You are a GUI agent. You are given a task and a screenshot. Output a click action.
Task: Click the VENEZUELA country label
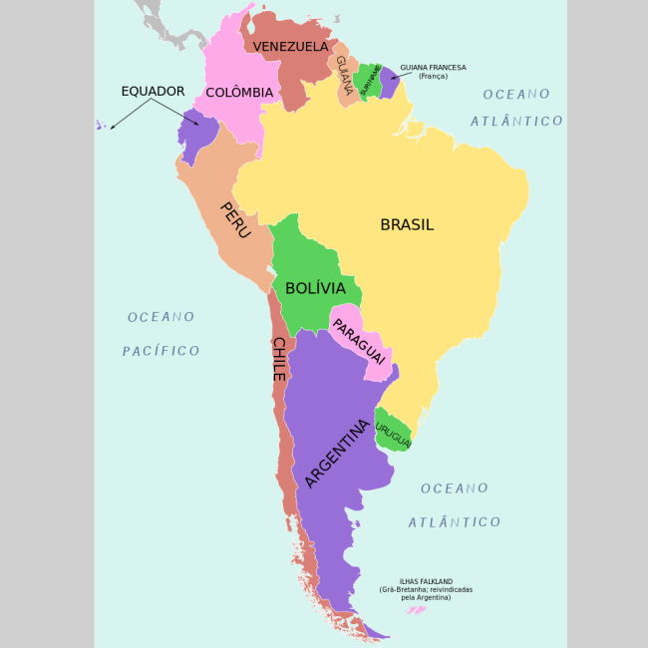click(290, 47)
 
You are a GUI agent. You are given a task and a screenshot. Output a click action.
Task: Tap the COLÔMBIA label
click(239, 93)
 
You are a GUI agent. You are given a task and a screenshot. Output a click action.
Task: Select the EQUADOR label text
click(153, 91)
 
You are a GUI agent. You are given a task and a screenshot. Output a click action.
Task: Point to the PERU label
click(235, 219)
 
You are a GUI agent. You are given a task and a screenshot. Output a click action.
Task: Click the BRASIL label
click(407, 225)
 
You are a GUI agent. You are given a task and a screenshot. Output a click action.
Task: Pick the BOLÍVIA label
click(315, 289)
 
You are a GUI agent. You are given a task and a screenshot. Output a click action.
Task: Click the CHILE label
click(279, 359)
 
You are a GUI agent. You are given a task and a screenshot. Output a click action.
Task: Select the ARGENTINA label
click(337, 454)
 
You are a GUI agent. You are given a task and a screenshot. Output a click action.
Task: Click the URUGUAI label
click(394, 428)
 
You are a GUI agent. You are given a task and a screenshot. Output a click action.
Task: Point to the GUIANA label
click(344, 75)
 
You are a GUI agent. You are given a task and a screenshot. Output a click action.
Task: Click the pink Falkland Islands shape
click(417, 608)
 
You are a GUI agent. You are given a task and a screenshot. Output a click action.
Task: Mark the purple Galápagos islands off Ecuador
click(101, 126)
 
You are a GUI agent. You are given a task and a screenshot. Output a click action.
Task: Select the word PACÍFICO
click(162, 351)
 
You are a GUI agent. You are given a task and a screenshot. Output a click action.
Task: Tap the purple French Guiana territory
click(388, 82)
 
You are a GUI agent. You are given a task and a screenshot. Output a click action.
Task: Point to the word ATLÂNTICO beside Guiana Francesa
click(517, 121)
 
